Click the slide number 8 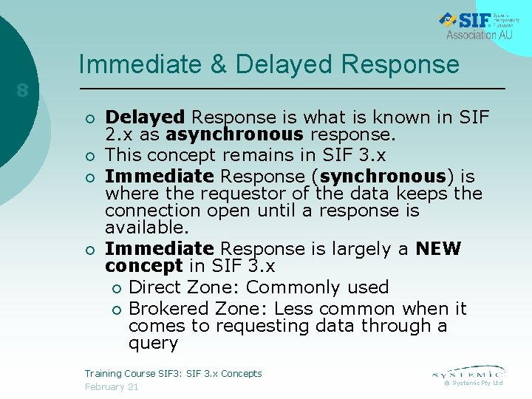coord(22,91)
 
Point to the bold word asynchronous coord(235,134)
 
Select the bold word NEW coord(438,249)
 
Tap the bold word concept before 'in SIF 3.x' coord(143,266)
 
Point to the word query coord(153,343)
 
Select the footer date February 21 coord(112,387)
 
